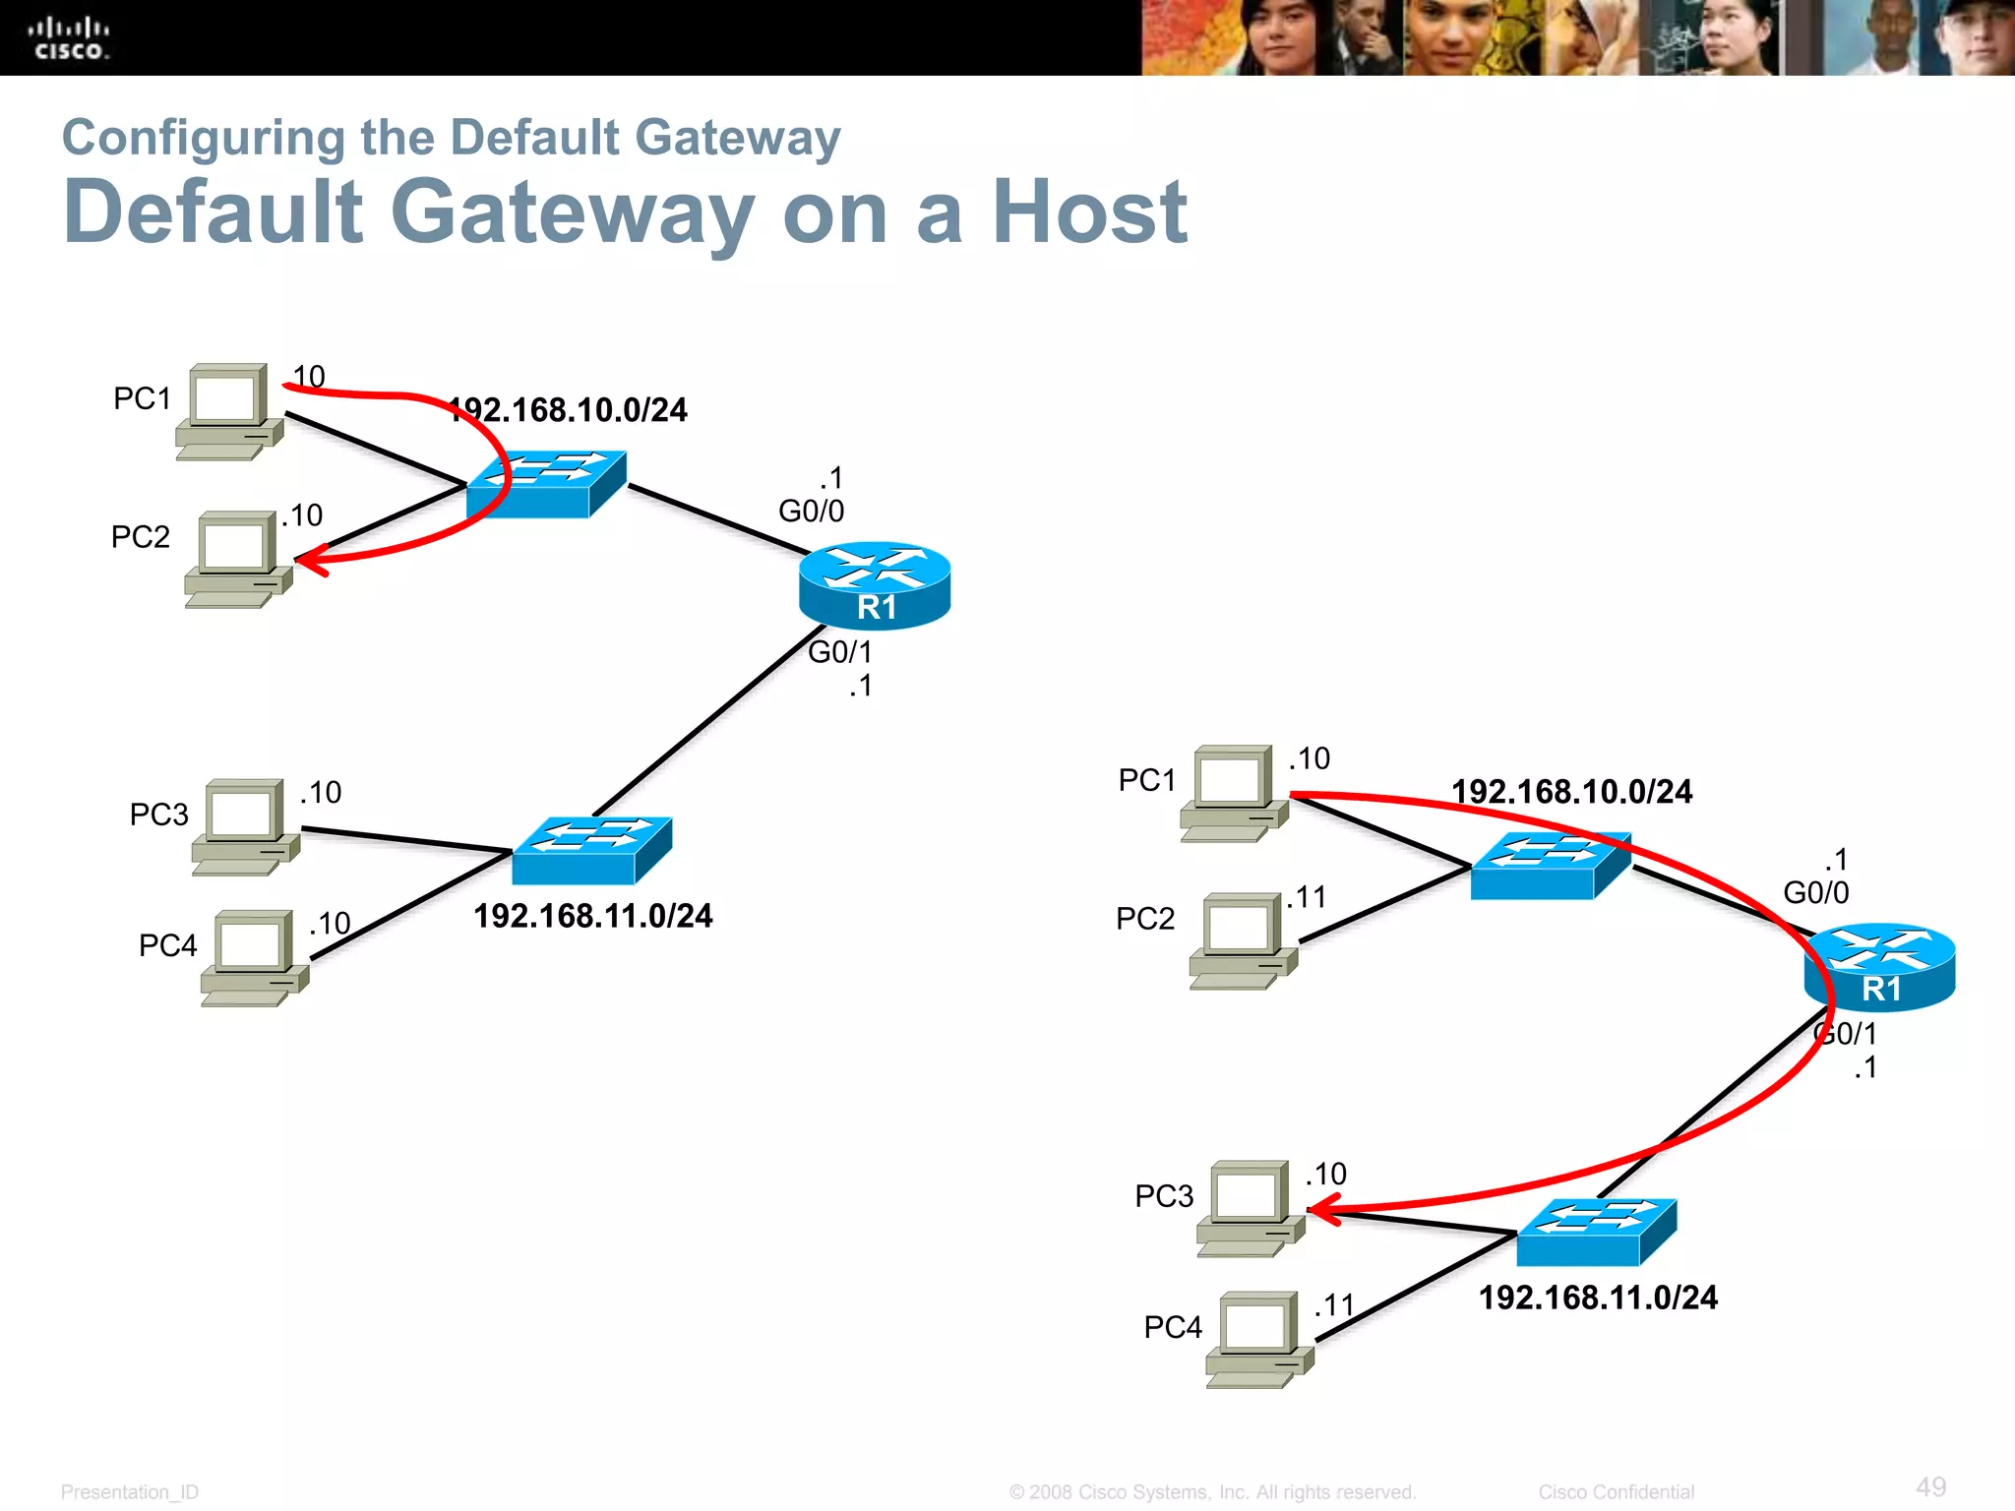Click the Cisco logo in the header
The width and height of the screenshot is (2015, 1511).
[69, 39]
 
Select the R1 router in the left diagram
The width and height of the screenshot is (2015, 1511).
[875, 585]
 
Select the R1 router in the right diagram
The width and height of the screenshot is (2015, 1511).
[1879, 967]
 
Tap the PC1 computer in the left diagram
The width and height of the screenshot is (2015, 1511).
[229, 411]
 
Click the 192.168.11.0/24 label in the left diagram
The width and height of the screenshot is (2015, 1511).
[593, 916]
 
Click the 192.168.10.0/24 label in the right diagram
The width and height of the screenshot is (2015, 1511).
[1571, 791]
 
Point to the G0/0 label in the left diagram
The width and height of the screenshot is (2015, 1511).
[811, 511]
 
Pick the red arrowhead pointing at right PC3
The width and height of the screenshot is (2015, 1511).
[1323, 1209]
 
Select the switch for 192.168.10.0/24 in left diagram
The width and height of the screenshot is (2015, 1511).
[546, 484]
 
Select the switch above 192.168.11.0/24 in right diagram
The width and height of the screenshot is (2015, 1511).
[1596, 1232]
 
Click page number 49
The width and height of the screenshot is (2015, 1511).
[1930, 1486]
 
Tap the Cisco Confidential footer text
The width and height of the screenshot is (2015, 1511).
[1616, 1491]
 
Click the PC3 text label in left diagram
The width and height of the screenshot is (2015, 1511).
[158, 815]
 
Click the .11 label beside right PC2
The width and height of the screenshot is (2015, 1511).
[1307, 897]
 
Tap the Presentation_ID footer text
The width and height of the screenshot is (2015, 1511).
[129, 1491]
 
